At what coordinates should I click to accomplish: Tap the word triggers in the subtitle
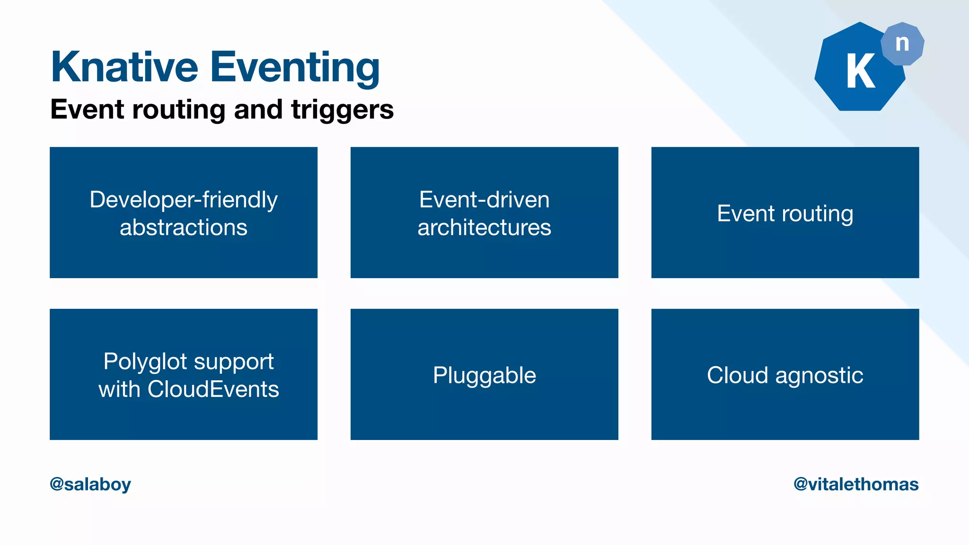[342, 110]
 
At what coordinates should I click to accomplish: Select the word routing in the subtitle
[179, 110]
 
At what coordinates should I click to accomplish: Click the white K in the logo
[860, 71]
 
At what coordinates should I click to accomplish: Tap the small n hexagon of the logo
[902, 44]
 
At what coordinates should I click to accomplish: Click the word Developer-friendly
[184, 200]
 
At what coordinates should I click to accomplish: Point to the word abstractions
[184, 228]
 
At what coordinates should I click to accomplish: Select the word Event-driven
[484, 200]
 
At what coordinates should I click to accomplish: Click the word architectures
[484, 228]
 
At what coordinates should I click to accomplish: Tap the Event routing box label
[785, 213]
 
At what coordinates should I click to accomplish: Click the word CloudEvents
[213, 389]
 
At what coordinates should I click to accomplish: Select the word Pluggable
[484, 376]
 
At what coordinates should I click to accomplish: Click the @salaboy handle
[90, 484]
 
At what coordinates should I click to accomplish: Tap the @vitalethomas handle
[856, 484]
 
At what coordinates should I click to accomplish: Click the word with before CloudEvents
[119, 389]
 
